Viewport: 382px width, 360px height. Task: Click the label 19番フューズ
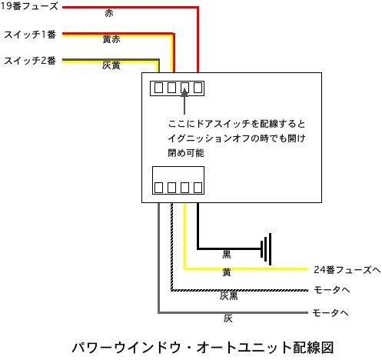click(29, 6)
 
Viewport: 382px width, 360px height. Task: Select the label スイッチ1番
click(30, 35)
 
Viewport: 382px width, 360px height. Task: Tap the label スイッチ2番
click(30, 61)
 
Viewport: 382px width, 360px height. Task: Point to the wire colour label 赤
click(109, 13)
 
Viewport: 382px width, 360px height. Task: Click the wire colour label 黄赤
click(111, 39)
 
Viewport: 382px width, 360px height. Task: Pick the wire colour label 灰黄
click(111, 65)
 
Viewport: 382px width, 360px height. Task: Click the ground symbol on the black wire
click(266, 249)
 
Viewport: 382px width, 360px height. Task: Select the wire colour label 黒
click(227, 255)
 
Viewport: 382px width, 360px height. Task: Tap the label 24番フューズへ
click(347, 270)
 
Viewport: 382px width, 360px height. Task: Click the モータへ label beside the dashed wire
click(332, 290)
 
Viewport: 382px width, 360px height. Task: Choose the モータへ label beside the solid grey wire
click(331, 313)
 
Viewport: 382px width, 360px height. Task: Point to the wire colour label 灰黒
click(229, 296)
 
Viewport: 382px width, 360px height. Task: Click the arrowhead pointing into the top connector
click(184, 92)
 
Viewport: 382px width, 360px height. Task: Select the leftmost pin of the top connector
click(158, 88)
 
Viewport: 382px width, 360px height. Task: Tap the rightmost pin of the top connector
click(198, 88)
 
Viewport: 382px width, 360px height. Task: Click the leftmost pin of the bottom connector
click(158, 188)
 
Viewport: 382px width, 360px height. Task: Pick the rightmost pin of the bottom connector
click(198, 188)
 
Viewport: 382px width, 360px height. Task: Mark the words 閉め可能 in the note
click(186, 153)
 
